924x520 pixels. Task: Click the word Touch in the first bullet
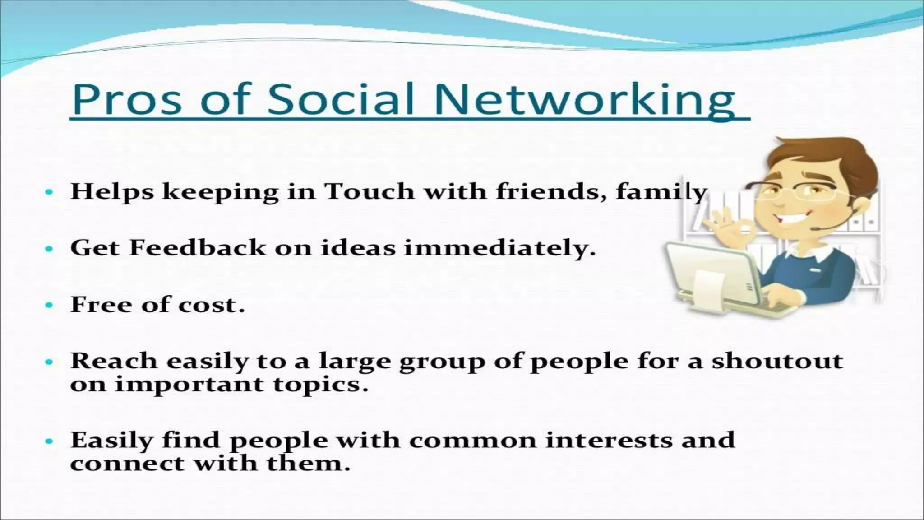[x=370, y=191]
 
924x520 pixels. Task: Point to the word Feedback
[x=198, y=248]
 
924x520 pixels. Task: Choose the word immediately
[x=499, y=249]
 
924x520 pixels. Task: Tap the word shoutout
[x=777, y=361]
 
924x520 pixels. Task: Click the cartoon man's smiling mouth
[x=790, y=221]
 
